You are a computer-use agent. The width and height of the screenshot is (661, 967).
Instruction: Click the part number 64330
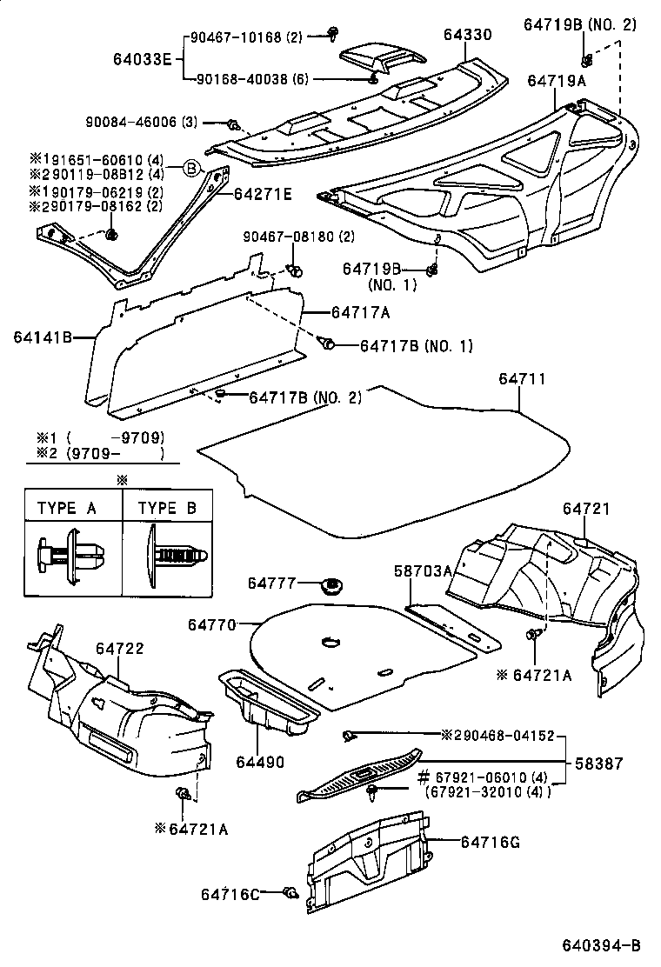[x=467, y=35]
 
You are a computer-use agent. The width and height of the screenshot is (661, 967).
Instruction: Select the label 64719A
[x=556, y=80]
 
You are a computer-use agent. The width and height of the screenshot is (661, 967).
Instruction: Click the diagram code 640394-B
[x=600, y=945]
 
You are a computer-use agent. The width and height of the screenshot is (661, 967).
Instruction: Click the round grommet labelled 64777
[x=330, y=585]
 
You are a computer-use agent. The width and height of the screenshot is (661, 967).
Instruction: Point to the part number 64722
[x=120, y=648]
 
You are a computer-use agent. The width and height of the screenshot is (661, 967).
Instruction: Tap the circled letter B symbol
[x=190, y=169]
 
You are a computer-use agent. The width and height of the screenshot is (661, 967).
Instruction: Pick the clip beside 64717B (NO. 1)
[x=328, y=343]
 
